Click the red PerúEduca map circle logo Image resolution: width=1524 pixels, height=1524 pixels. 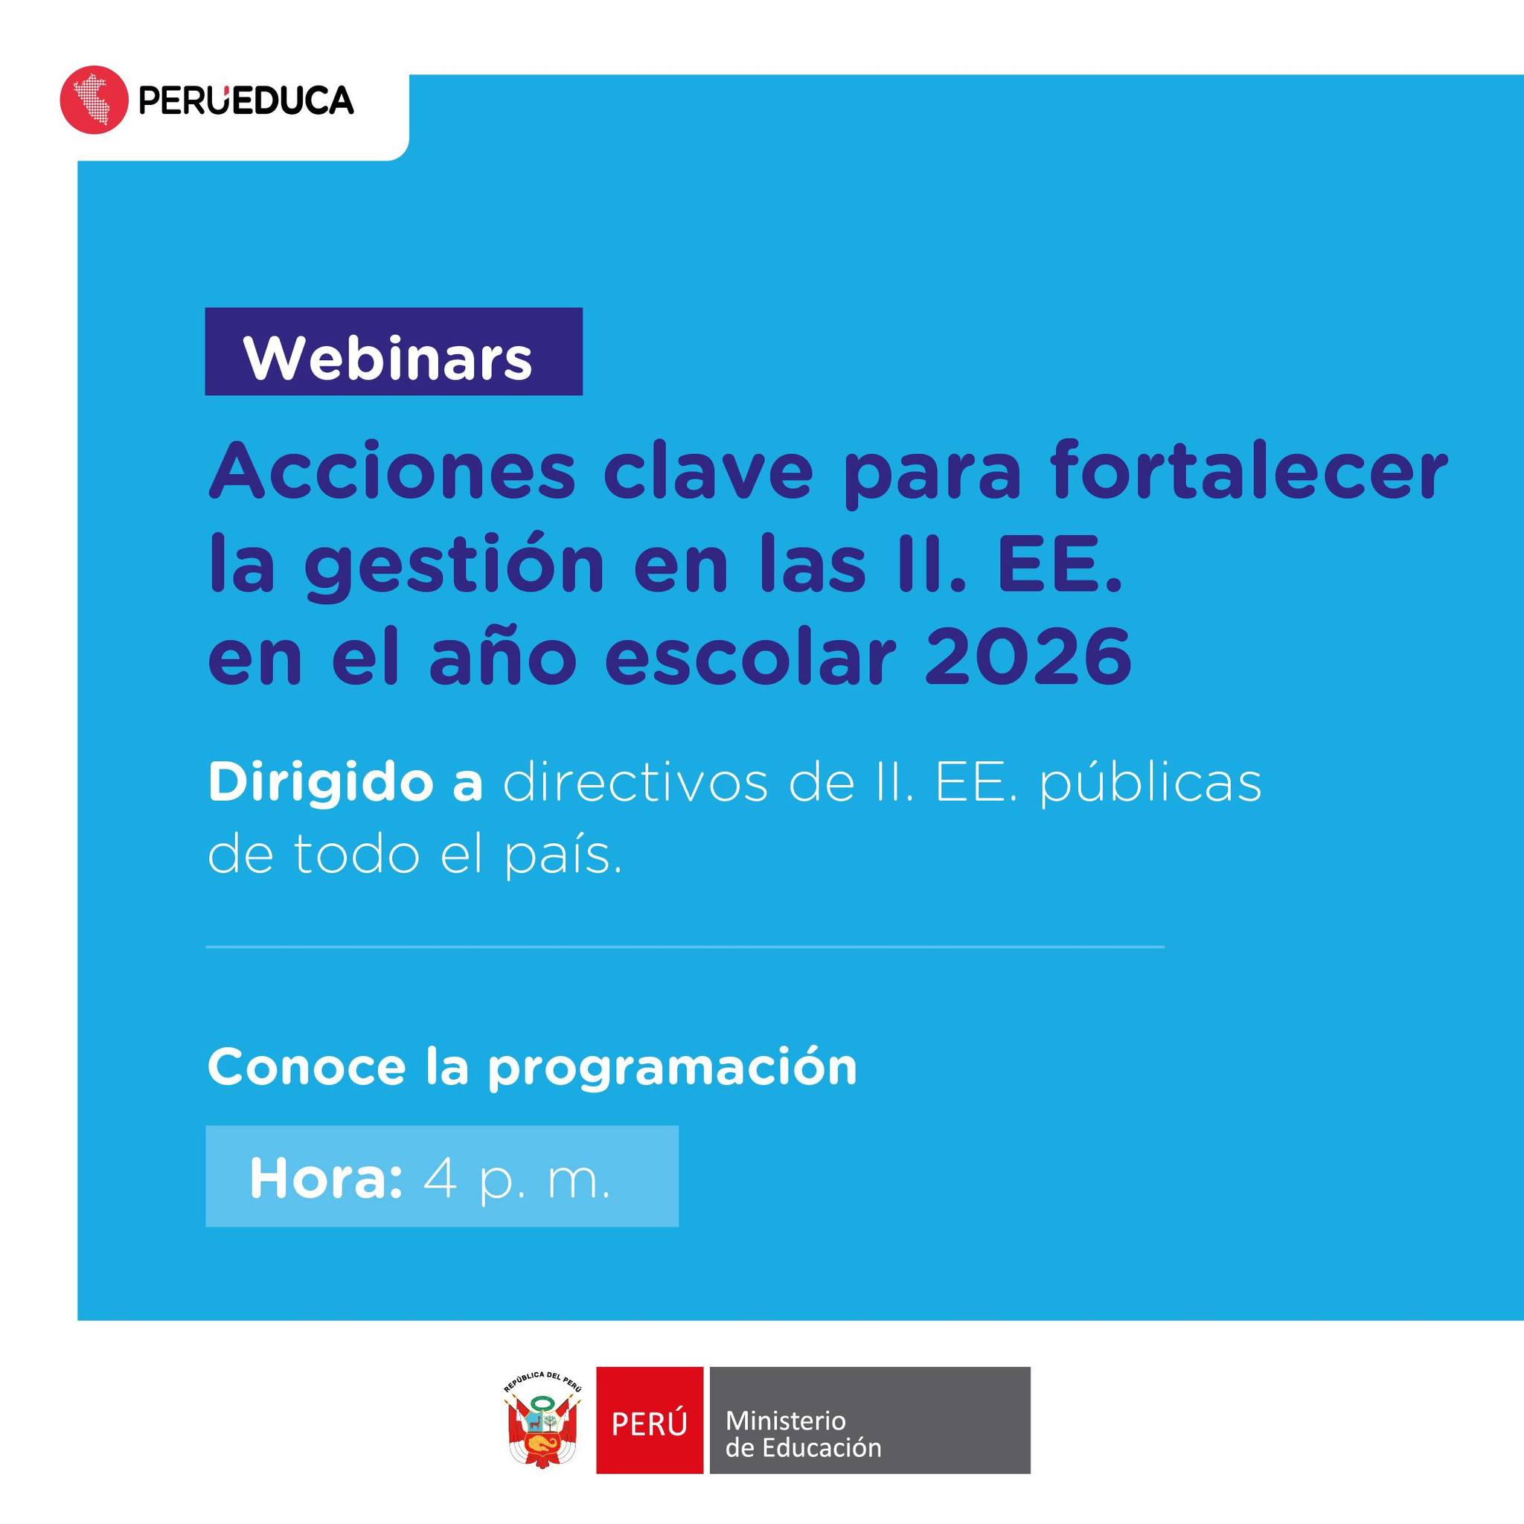click(94, 100)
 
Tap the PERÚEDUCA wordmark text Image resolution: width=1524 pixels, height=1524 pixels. click(246, 100)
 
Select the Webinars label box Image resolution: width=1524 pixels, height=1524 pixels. click(394, 351)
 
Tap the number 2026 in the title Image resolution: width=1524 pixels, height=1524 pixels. click(1028, 656)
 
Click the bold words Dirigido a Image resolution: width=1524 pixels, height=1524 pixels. click(345, 784)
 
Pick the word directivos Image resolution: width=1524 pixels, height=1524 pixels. click(635, 784)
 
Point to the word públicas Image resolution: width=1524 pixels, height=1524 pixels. click(1150, 784)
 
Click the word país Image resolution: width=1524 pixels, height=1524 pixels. click(563, 854)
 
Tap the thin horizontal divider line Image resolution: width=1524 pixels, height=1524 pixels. click(685, 947)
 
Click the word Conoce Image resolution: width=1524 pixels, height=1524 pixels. click(307, 1067)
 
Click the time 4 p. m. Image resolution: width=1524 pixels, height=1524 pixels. click(517, 1181)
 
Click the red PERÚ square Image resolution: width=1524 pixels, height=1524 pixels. click(649, 1420)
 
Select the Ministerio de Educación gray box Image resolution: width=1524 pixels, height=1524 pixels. click(870, 1420)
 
